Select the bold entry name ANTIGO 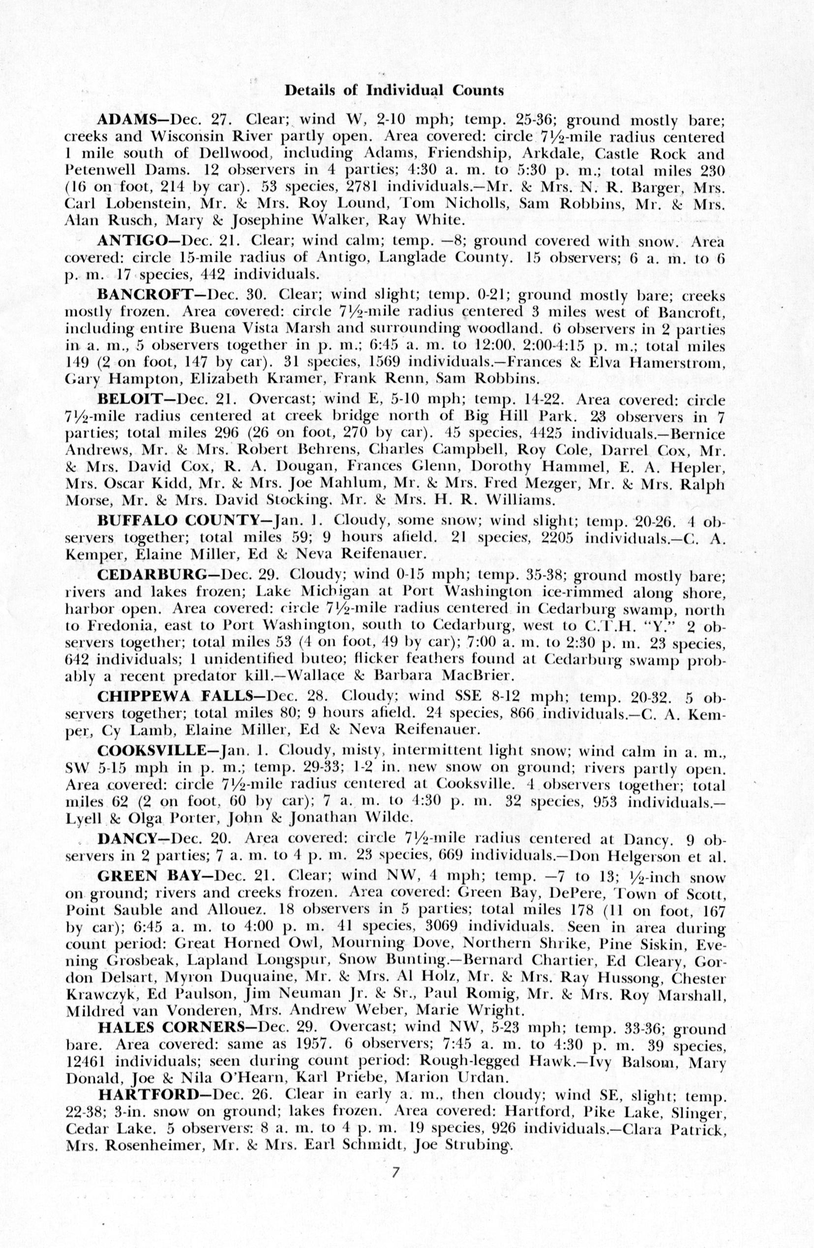(x=131, y=241)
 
